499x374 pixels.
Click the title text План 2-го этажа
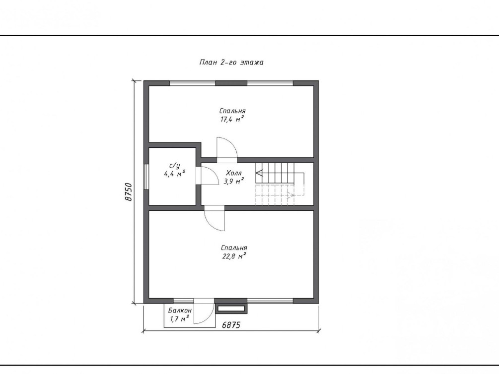(x=231, y=62)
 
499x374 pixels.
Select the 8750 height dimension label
(x=128, y=192)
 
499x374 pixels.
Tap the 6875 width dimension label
(x=231, y=325)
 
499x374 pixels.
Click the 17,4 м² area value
(x=232, y=119)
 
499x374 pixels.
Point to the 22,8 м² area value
(x=234, y=256)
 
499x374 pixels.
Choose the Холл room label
(x=234, y=173)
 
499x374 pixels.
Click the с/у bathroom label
(x=175, y=166)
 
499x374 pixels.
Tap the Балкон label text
(x=180, y=311)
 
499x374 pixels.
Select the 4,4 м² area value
(x=175, y=174)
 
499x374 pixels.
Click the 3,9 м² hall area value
(x=234, y=181)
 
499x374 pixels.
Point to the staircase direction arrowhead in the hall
(x=259, y=173)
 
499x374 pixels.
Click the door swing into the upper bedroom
(x=227, y=148)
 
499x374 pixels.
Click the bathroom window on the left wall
(x=146, y=177)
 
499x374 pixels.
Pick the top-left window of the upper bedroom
(x=192, y=83)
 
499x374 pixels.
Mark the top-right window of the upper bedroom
(x=270, y=83)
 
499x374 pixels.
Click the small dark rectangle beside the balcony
(x=231, y=308)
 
